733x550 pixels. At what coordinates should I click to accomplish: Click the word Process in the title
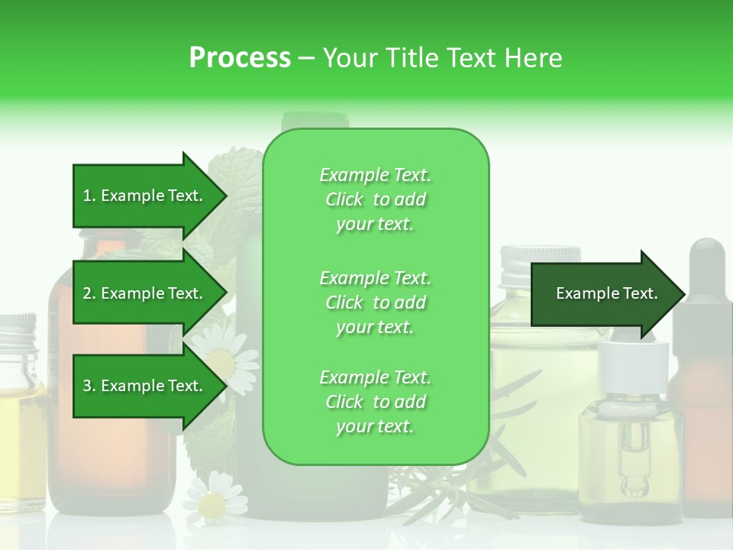pyautogui.click(x=240, y=58)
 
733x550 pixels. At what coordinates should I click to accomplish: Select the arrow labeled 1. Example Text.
pyautogui.click(x=145, y=196)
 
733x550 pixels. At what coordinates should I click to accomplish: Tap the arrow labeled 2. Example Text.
pyautogui.click(x=145, y=293)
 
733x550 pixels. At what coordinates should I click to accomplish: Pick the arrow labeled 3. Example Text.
pyautogui.click(x=145, y=386)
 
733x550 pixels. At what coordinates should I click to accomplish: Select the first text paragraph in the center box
pyautogui.click(x=375, y=199)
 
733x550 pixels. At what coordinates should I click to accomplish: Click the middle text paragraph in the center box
pyautogui.click(x=375, y=302)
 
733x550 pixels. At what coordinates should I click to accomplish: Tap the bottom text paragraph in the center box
pyautogui.click(x=375, y=402)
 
